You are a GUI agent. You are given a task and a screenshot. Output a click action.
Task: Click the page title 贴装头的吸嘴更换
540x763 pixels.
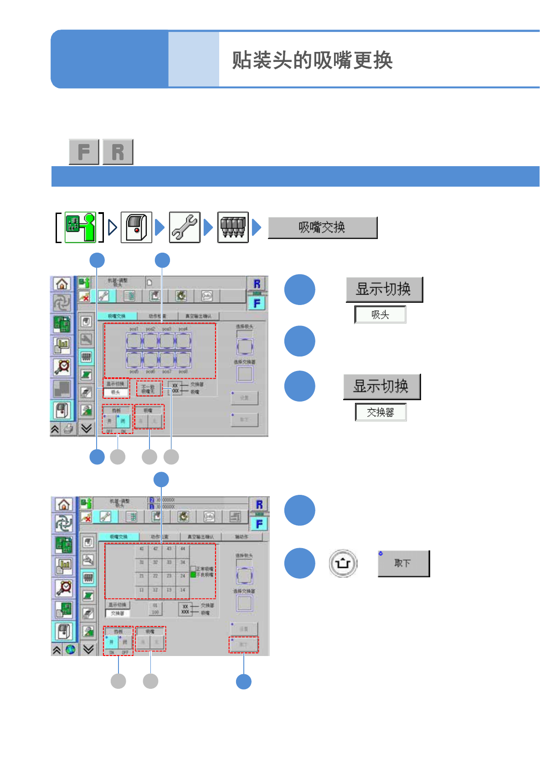pos(312,60)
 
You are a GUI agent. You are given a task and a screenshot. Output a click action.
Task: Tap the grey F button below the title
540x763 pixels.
pos(84,152)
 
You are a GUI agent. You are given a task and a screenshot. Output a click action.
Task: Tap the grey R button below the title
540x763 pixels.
pos(118,152)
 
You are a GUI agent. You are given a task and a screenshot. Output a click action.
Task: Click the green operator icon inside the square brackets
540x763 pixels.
pos(80,227)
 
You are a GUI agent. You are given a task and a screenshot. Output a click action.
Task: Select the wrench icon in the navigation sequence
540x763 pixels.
pos(185,227)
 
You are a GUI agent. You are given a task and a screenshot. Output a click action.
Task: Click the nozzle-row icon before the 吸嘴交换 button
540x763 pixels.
pos(233,227)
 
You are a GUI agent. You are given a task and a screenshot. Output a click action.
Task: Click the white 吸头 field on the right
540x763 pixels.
pos(381,315)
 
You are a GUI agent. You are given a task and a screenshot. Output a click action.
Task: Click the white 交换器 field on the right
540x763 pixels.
pos(381,412)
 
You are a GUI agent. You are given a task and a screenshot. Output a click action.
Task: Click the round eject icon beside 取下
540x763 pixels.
pos(343,564)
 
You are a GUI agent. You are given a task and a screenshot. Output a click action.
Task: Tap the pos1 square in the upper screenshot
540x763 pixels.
pos(134,341)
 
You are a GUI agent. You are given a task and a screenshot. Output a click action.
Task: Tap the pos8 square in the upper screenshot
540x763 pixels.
pos(183,360)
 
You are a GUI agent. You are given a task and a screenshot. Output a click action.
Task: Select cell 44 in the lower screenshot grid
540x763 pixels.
pos(183,549)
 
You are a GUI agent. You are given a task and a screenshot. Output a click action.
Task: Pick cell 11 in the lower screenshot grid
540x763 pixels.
pos(142,590)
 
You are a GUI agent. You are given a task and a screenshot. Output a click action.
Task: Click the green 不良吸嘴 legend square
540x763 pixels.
pos(193,575)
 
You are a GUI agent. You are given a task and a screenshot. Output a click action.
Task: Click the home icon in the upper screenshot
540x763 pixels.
pos(62,284)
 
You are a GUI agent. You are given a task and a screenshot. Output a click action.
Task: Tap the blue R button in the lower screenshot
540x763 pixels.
pos(259,504)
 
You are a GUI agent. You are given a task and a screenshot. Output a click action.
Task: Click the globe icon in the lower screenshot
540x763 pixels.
pos(71,650)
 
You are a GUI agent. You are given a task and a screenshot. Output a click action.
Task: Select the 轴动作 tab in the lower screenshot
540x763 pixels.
pos(242,537)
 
